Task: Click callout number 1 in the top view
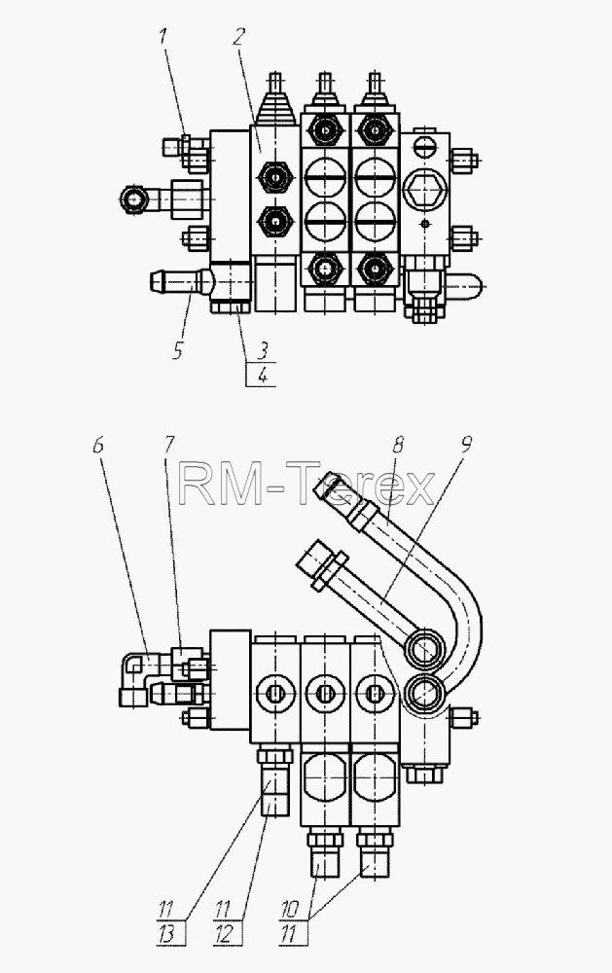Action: click(x=163, y=37)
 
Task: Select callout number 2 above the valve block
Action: click(x=239, y=37)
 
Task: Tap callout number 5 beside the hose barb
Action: click(x=178, y=351)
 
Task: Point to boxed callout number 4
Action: click(x=263, y=376)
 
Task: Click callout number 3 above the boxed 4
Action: click(x=263, y=351)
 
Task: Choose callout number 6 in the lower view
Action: click(x=98, y=445)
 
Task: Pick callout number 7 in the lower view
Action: click(x=169, y=445)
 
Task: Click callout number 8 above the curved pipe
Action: click(x=398, y=445)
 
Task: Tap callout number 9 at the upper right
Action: click(x=467, y=445)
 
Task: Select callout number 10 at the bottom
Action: click(x=290, y=910)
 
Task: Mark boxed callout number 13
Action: click(x=166, y=934)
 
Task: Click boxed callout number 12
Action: click(x=224, y=934)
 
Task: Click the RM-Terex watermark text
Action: click(x=306, y=485)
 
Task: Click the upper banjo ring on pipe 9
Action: click(x=424, y=648)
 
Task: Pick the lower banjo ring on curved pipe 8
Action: click(x=424, y=691)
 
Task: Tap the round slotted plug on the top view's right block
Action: click(x=424, y=147)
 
